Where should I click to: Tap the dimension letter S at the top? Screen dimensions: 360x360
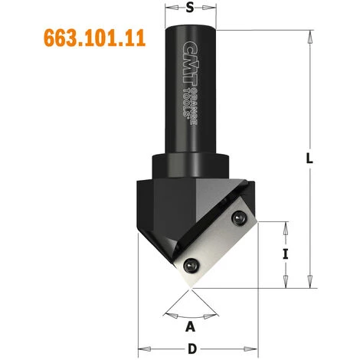pyautogui.click(x=190, y=9)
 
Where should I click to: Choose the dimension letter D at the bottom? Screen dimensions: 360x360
pyautogui.click(x=190, y=349)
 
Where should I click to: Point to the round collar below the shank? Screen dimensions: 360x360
pyautogui.click(x=190, y=166)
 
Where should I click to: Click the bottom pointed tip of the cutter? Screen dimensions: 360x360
pyautogui.click(x=189, y=290)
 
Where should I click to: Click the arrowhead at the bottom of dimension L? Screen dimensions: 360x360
pyautogui.click(x=310, y=285)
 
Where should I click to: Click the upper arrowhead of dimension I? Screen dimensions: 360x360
pyautogui.click(x=286, y=225)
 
